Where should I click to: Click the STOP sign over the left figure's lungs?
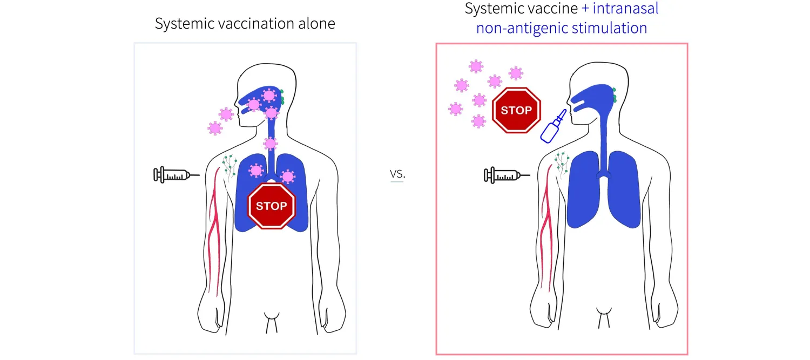(272, 206)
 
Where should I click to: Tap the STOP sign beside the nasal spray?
(516, 110)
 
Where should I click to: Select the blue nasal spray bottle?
(553, 126)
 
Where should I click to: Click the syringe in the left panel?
(176, 175)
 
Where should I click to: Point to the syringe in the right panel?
(507, 175)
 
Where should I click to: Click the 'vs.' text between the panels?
(397, 174)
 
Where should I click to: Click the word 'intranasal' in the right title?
(625, 8)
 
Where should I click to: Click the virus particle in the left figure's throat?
(270, 144)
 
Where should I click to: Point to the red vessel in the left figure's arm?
(214, 232)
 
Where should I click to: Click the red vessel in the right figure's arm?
(546, 228)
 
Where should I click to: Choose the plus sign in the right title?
(585, 9)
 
